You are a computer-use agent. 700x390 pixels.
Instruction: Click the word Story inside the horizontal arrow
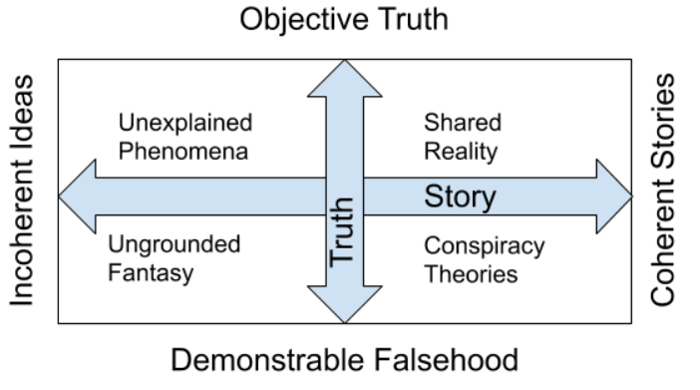tap(461, 196)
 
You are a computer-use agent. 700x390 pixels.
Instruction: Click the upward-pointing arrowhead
tap(344, 79)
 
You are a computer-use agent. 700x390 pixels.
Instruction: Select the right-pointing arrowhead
tap(612, 195)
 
